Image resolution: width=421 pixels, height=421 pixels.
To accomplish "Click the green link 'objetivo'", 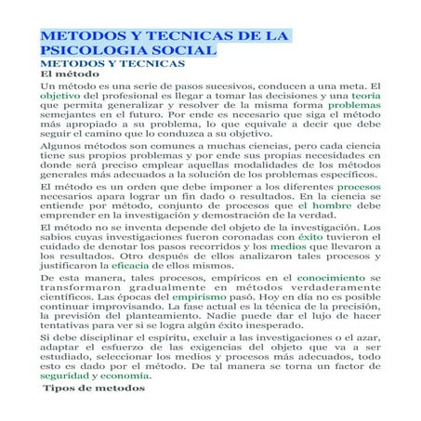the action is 59,96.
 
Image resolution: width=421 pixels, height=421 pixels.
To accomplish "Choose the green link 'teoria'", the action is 365,96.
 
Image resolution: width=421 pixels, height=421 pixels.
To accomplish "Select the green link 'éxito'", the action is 310,237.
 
